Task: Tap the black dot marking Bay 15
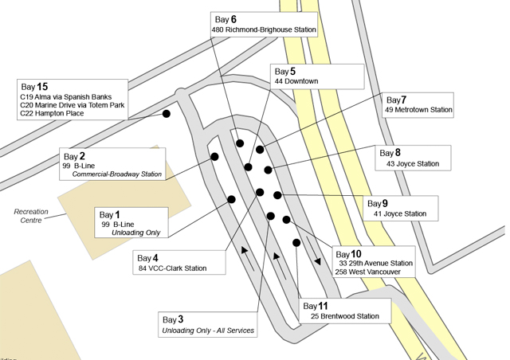167,114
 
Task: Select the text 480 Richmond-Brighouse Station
264,30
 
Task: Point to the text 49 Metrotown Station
418,110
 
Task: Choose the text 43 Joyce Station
413,164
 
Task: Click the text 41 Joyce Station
400,213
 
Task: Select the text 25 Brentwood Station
345,316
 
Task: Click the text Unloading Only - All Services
209,330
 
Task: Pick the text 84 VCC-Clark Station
172,268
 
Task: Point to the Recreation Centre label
32,215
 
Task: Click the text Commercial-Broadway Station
117,174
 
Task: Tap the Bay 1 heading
109,214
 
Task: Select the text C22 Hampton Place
52,114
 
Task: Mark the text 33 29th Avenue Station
375,263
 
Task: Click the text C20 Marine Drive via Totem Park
73,105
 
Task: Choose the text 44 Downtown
296,81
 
